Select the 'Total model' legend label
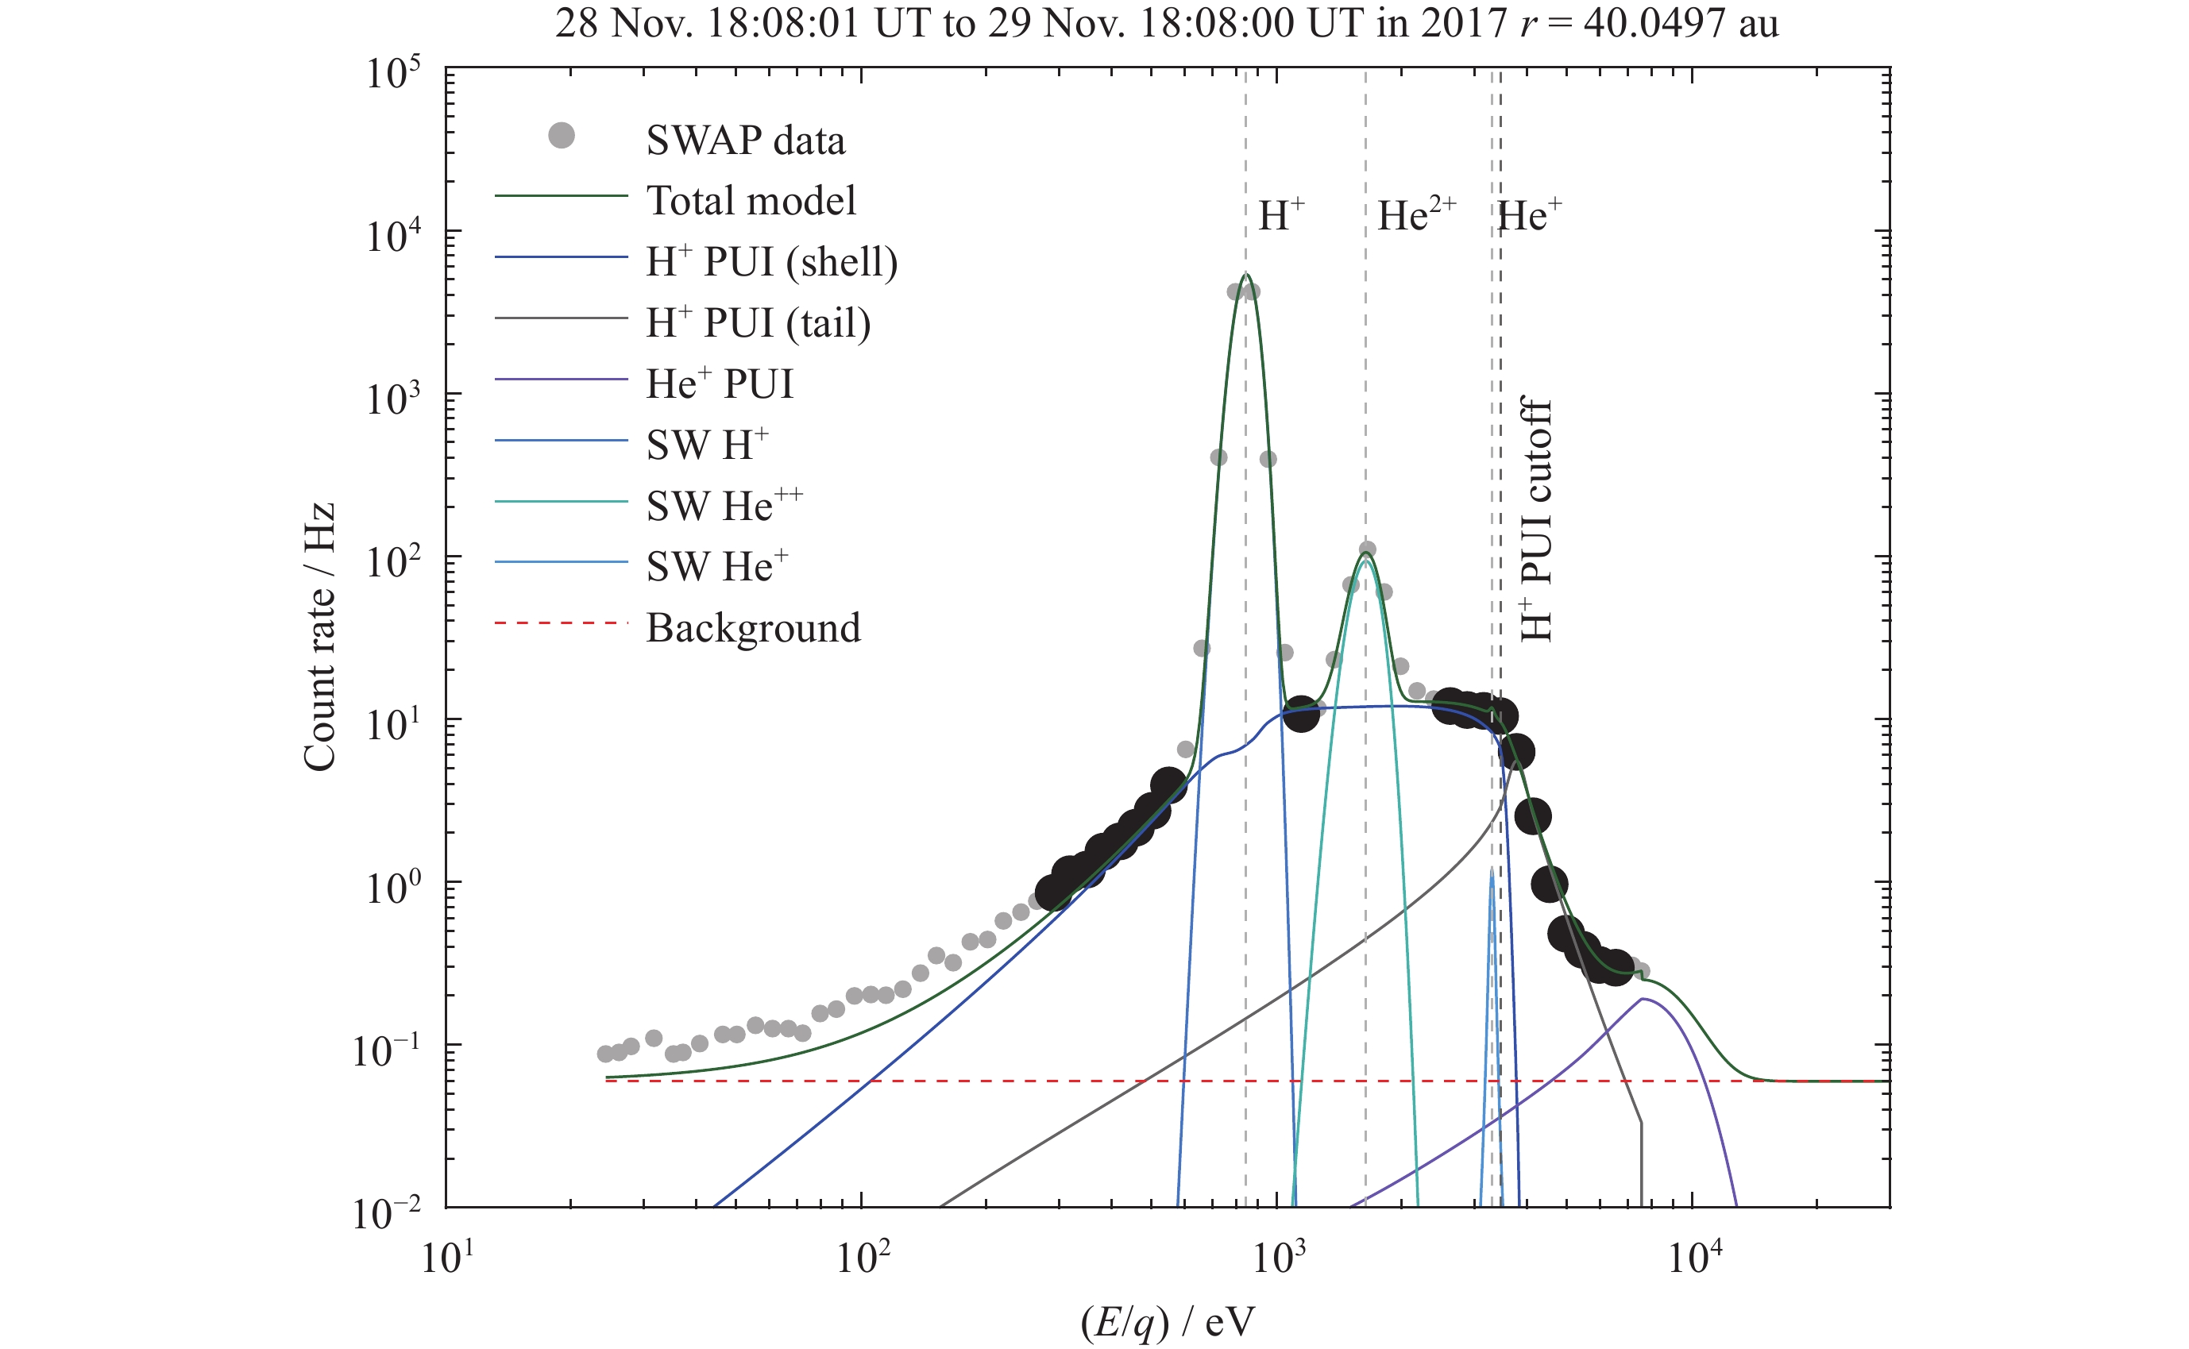point(751,201)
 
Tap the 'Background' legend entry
point(753,627)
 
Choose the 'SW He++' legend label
point(724,505)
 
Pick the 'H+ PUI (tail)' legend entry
point(758,322)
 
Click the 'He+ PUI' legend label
point(720,384)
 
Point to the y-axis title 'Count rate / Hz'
point(319,636)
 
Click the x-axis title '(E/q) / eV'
point(1168,1322)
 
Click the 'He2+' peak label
point(1416,215)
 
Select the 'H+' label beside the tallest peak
point(1281,215)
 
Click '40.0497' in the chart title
point(1654,22)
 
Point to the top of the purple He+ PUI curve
point(1642,998)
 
